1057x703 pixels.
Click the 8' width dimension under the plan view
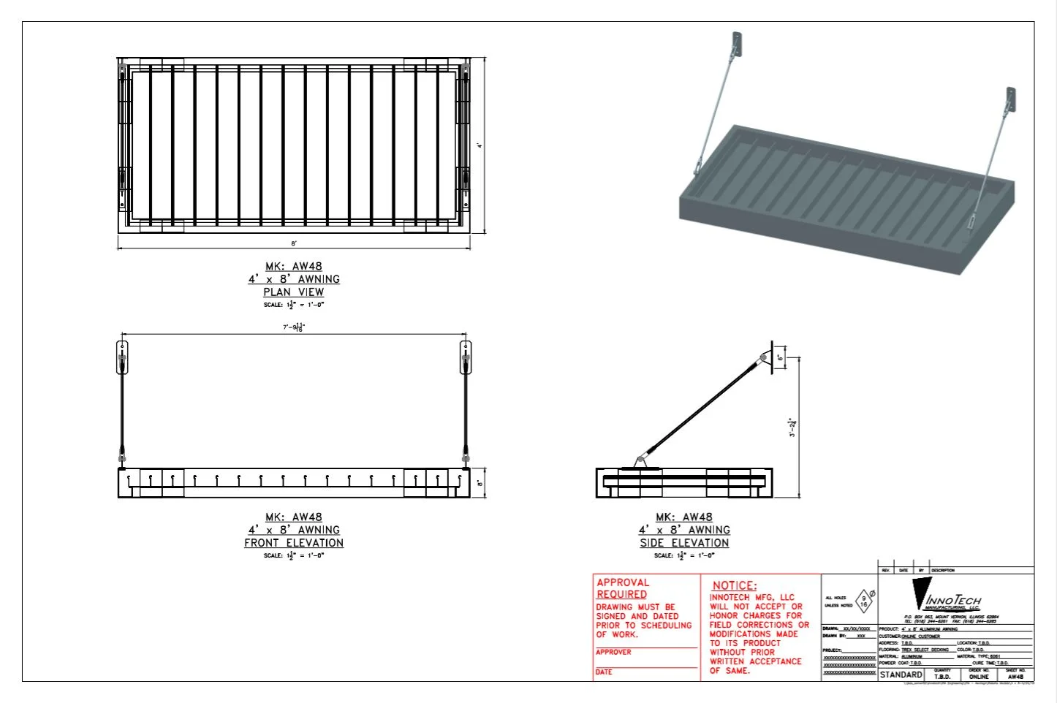[x=294, y=243]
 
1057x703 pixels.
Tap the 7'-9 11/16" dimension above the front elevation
[x=294, y=327]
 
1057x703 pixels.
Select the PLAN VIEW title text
[x=294, y=292]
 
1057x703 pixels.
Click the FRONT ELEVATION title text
[x=294, y=543]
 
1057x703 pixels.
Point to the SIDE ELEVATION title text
[x=684, y=543]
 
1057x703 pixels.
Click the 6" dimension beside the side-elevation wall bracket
[x=781, y=357]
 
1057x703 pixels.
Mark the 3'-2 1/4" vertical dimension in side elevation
[x=792, y=427]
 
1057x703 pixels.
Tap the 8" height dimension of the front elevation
[x=480, y=483]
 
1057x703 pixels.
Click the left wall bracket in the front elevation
[x=122, y=357]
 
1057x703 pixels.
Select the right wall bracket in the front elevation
[x=465, y=357]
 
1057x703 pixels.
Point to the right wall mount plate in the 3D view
[x=1010, y=100]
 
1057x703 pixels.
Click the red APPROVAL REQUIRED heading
[x=622, y=588]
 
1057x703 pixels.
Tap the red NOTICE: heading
[x=735, y=585]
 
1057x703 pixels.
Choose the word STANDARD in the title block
[x=901, y=674]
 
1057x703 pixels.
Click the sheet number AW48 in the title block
[x=1015, y=677]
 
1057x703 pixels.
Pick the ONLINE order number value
[x=979, y=677]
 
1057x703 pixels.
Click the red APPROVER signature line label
[x=613, y=652]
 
